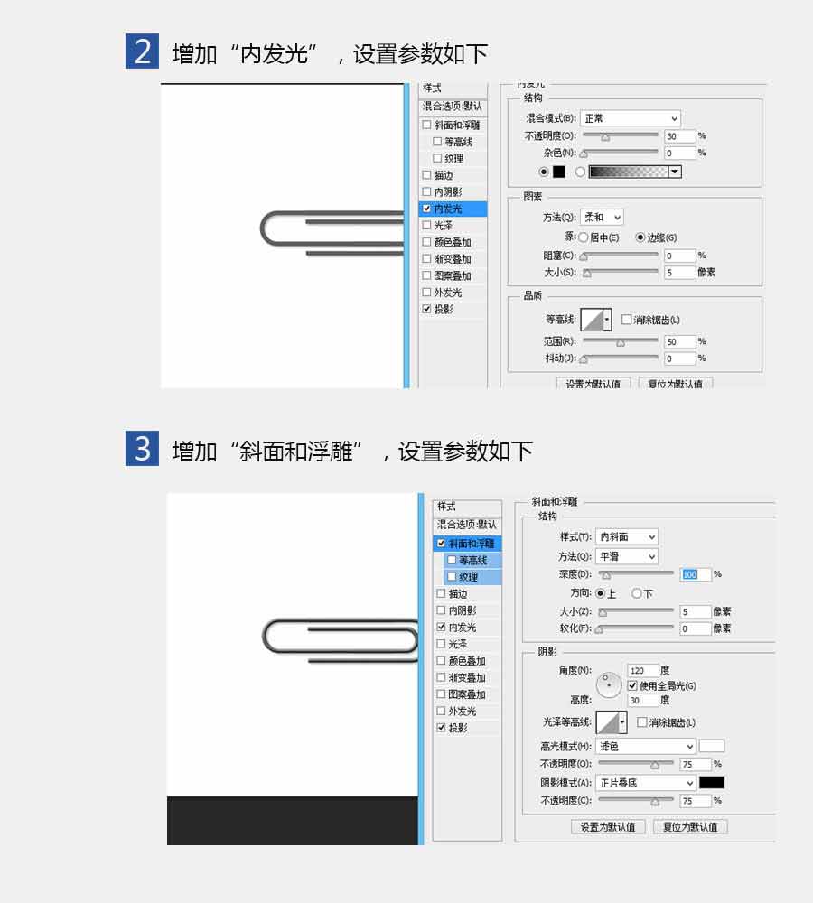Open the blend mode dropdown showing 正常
coord(630,118)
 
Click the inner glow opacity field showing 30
coord(678,136)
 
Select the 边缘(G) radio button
coord(640,237)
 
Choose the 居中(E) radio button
coord(584,237)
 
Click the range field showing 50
coord(678,342)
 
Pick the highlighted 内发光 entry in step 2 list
coord(453,209)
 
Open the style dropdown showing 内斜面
coord(626,537)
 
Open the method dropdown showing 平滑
coord(626,557)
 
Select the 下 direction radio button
coord(637,593)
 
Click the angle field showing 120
coord(642,671)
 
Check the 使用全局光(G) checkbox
coord(632,686)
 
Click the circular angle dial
coord(610,685)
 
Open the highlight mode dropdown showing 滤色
coord(646,747)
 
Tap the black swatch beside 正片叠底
coord(711,783)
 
